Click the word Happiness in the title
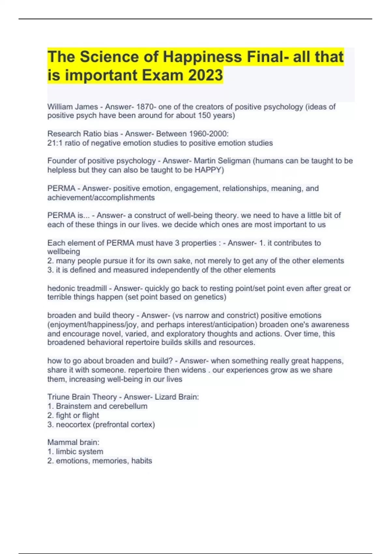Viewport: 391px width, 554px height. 202,57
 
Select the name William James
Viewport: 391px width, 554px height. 73,107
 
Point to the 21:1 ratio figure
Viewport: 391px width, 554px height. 55,143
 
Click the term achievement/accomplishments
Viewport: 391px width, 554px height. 101,197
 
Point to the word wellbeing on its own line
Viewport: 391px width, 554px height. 64,252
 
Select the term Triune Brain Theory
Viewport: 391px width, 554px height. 82,397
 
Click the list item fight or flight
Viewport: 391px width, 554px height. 77,415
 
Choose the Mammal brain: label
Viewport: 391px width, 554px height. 73,442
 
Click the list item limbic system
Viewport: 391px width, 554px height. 79,452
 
